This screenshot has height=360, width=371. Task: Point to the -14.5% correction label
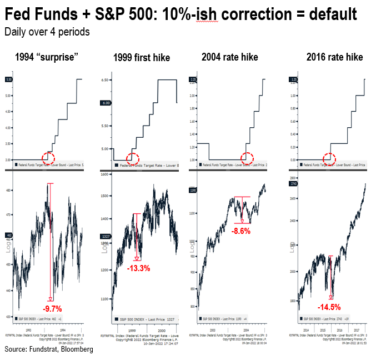(x=328, y=307)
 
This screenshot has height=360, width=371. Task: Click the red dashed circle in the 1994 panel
(x=48, y=158)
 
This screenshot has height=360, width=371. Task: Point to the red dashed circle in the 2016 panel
(x=329, y=159)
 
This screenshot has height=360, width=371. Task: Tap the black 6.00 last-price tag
(x=106, y=103)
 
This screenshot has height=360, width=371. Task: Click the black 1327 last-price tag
(x=106, y=237)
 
